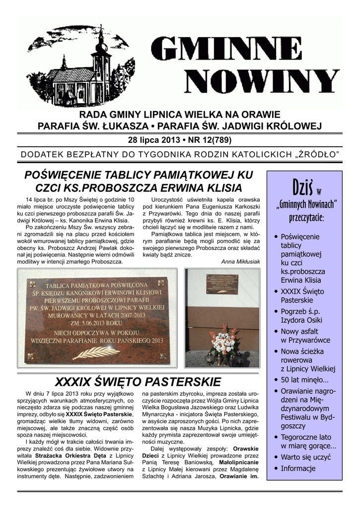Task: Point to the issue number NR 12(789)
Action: (208, 139)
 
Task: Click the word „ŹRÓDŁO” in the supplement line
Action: (317, 154)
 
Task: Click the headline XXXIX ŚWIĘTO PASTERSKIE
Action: (138, 381)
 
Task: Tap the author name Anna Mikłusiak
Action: (240, 261)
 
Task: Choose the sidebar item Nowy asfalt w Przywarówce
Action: (305, 335)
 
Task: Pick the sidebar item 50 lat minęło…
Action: (304, 380)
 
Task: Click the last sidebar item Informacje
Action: (298, 468)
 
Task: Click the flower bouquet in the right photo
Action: (221, 342)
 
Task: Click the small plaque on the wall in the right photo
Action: (221, 284)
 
